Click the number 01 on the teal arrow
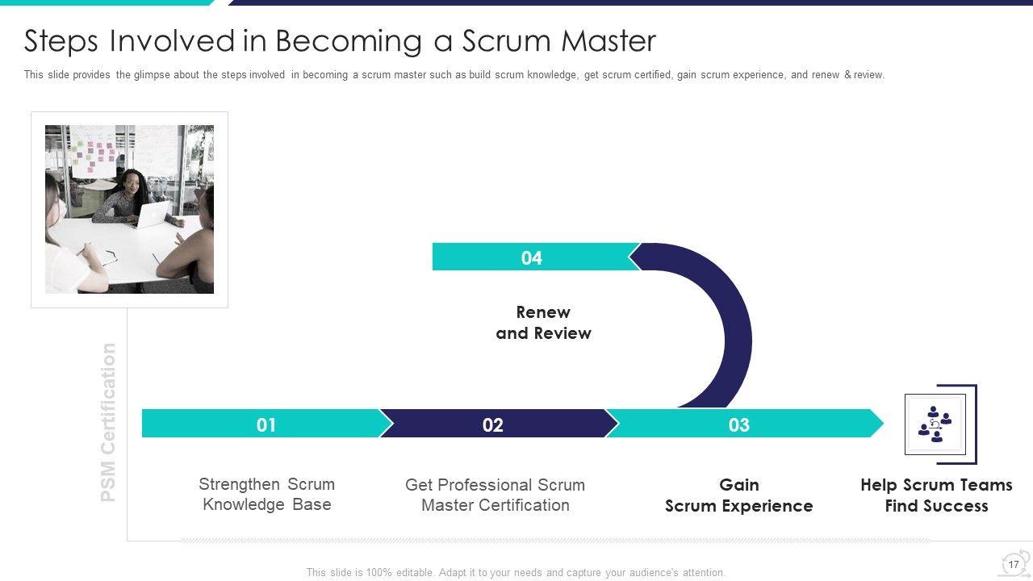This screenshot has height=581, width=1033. pyautogui.click(x=266, y=424)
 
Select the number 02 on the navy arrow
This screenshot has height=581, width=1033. pyautogui.click(x=492, y=424)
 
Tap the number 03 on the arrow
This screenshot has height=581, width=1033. pyautogui.click(x=738, y=424)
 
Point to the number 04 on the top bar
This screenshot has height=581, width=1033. pyautogui.click(x=531, y=257)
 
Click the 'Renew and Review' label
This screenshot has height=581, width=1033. pyautogui.click(x=543, y=323)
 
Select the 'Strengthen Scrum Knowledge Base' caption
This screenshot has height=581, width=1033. pyautogui.click(x=266, y=494)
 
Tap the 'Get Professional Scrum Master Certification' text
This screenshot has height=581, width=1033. pyautogui.click(x=495, y=495)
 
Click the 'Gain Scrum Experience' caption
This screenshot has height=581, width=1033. pyautogui.click(x=738, y=495)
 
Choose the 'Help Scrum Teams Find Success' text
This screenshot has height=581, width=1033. pyautogui.click(x=936, y=495)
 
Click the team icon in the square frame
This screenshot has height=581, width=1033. pyautogui.click(x=935, y=424)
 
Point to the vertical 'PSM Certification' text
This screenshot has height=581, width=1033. pyautogui.click(x=108, y=422)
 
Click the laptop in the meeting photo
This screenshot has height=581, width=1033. pyautogui.click(x=153, y=215)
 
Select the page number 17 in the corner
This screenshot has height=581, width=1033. pyautogui.click(x=1014, y=564)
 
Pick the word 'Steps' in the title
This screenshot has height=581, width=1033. pyautogui.click(x=62, y=40)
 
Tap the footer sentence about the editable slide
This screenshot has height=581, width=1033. pyautogui.click(x=516, y=572)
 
